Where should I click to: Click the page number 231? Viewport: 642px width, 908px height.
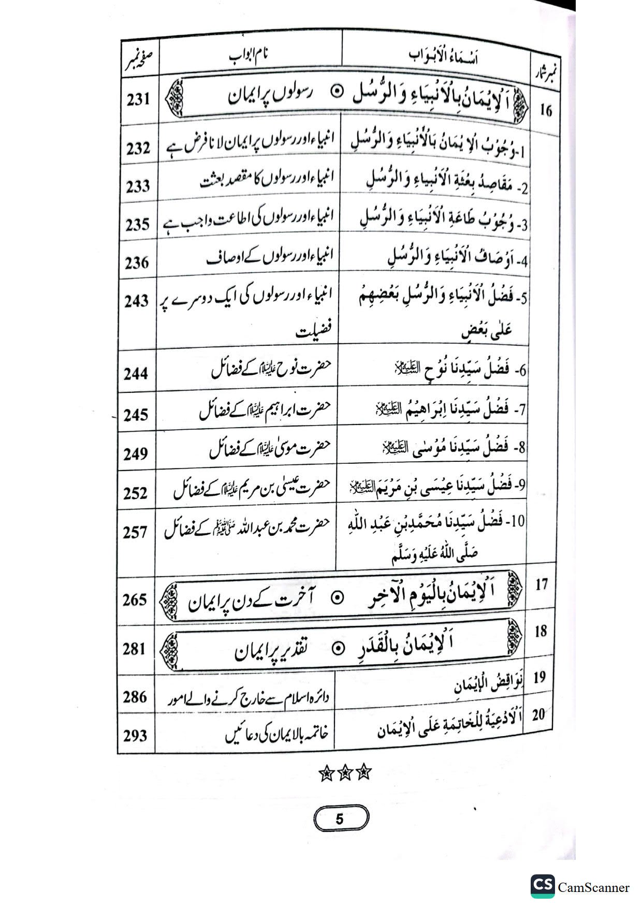139,99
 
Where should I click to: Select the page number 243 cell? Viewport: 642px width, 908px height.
137,301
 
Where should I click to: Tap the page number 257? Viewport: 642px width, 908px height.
136,532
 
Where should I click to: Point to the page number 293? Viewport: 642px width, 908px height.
136,735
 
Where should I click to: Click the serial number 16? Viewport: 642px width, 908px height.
546,110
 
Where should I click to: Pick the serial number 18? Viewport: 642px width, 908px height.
541,632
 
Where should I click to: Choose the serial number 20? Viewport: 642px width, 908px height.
539,715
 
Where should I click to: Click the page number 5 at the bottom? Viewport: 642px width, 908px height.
341,819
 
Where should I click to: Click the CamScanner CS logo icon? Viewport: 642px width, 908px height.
542,886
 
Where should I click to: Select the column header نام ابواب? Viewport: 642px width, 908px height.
250,56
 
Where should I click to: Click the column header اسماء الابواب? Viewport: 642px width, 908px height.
443,57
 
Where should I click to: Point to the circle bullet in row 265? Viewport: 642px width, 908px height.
337,598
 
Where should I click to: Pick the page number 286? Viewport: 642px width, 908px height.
135,697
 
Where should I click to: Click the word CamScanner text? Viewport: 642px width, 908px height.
593,888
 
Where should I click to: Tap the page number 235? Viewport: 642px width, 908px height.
138,225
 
